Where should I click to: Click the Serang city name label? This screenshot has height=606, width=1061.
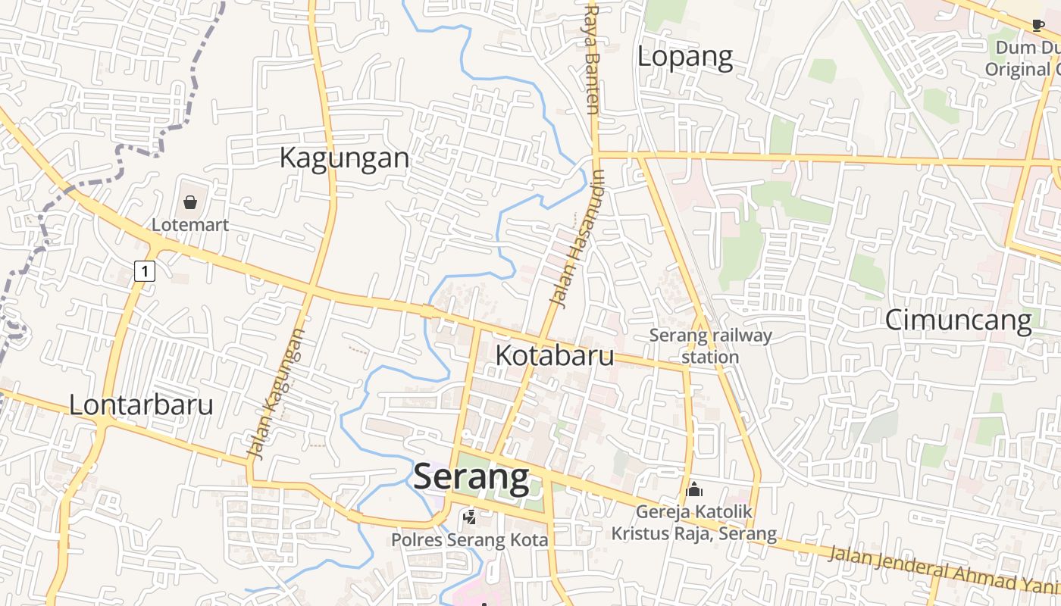[471, 476]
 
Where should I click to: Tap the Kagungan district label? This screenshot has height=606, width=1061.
[344, 158]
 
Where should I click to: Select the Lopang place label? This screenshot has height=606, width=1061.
[684, 56]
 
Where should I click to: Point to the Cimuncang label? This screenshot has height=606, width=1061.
[958, 320]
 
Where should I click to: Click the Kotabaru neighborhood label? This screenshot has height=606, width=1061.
[554, 355]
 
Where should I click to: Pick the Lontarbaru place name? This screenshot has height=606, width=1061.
[141, 405]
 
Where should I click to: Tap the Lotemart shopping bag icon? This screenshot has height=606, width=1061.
[189, 202]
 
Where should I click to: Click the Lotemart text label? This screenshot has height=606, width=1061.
[189, 225]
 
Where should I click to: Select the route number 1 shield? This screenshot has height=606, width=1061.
[145, 270]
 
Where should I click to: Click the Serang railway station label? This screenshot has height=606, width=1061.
[710, 345]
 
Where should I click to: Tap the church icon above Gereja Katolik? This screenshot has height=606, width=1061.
[693, 489]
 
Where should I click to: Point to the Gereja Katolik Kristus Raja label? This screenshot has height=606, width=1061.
[694, 523]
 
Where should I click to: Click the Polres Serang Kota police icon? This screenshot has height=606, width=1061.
[470, 517]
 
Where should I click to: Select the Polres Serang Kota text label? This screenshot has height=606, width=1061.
[469, 540]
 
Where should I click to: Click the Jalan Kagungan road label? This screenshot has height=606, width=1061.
[277, 394]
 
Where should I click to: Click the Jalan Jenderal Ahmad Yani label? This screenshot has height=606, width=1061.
[943, 568]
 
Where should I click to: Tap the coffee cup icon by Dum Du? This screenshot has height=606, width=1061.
[1038, 25]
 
